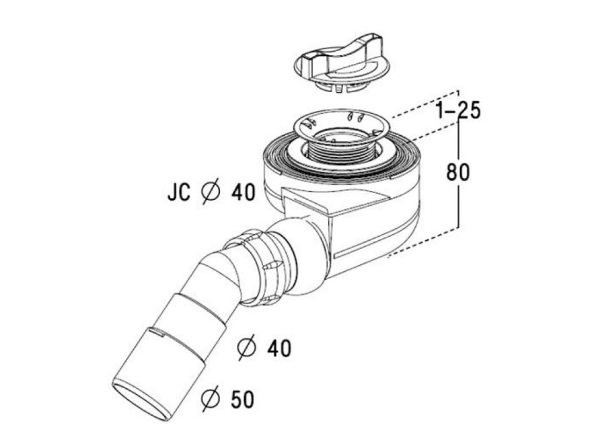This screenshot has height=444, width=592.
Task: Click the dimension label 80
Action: coord(458,172)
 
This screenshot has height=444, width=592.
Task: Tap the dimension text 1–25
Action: coord(458,111)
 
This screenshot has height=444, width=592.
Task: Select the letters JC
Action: coord(179,192)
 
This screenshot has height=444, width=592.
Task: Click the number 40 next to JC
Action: coord(244,192)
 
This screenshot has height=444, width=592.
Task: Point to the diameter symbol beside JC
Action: coord(211,192)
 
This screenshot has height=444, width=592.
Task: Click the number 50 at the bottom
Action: coord(242,400)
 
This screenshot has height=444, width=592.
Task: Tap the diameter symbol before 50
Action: coord(211,399)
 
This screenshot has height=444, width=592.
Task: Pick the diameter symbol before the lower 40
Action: coord(247,347)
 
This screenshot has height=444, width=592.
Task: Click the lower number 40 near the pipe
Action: coord(279,348)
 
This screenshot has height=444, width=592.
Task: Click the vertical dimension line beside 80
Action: coord(458,174)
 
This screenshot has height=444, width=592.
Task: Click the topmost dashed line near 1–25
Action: coord(424,104)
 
